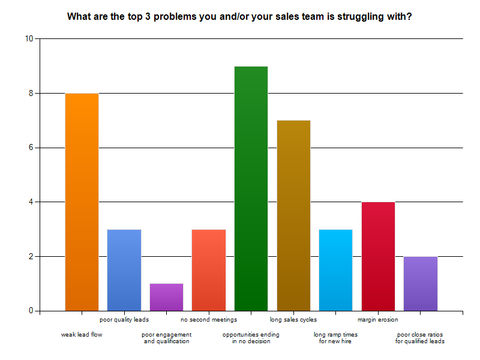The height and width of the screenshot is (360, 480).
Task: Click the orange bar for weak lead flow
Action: (x=82, y=202)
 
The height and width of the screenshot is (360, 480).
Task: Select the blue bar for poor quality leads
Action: (x=124, y=270)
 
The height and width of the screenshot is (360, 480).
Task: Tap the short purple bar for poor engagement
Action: (x=166, y=297)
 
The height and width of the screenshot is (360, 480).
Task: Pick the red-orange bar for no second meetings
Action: (x=209, y=270)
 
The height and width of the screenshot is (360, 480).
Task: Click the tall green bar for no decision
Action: (x=251, y=188)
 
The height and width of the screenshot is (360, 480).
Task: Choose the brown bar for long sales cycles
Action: (x=293, y=215)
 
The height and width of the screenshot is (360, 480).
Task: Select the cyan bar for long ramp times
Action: (x=335, y=270)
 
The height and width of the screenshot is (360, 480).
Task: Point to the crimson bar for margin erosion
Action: (x=378, y=256)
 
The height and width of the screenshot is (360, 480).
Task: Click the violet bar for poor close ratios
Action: (x=421, y=283)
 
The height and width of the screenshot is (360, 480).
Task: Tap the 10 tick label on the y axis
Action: (x=29, y=39)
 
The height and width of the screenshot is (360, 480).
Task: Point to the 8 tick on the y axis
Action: (x=31, y=94)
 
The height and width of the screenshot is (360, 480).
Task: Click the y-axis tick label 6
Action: (x=31, y=148)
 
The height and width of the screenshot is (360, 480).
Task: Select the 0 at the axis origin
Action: (x=31, y=311)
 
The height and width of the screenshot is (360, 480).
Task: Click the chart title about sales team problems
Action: (x=239, y=17)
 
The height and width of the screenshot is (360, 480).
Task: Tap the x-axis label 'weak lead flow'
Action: (x=82, y=334)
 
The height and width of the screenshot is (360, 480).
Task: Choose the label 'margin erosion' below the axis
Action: (x=378, y=320)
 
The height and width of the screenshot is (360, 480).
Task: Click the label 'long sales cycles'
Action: (x=293, y=320)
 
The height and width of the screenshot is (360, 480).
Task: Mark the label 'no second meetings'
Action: (x=209, y=320)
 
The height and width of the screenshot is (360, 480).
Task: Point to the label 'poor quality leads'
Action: (x=124, y=320)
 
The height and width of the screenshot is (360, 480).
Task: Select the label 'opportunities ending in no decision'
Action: (x=251, y=338)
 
